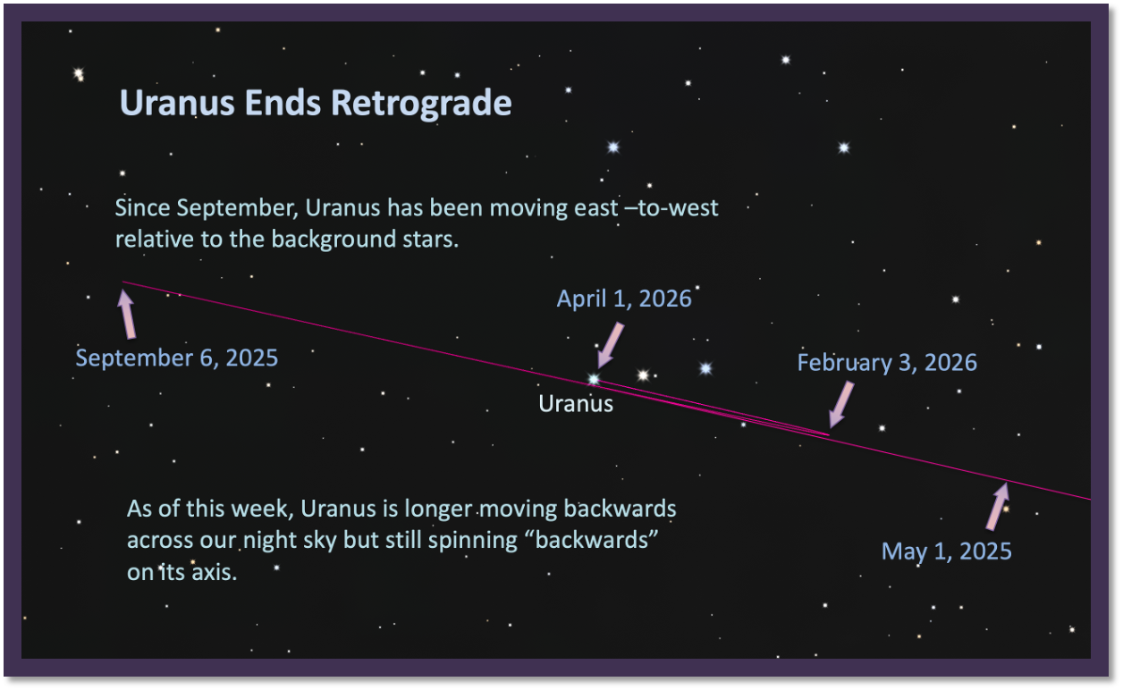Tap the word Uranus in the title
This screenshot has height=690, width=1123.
177,103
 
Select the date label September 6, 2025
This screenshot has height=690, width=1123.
176,358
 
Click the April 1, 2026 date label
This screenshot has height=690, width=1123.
624,299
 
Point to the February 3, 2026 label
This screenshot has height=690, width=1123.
887,363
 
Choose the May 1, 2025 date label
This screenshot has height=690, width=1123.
947,551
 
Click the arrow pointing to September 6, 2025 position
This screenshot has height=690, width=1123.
127,315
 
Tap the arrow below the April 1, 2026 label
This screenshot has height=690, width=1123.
610,345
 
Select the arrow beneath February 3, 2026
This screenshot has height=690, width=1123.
840,404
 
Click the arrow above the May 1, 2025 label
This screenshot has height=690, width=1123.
998,506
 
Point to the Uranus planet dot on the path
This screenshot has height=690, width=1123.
594,379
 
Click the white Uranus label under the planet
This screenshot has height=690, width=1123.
576,404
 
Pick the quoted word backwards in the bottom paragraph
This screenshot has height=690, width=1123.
596,540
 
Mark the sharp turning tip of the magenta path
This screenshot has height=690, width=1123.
829,434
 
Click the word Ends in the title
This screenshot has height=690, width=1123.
283,103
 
